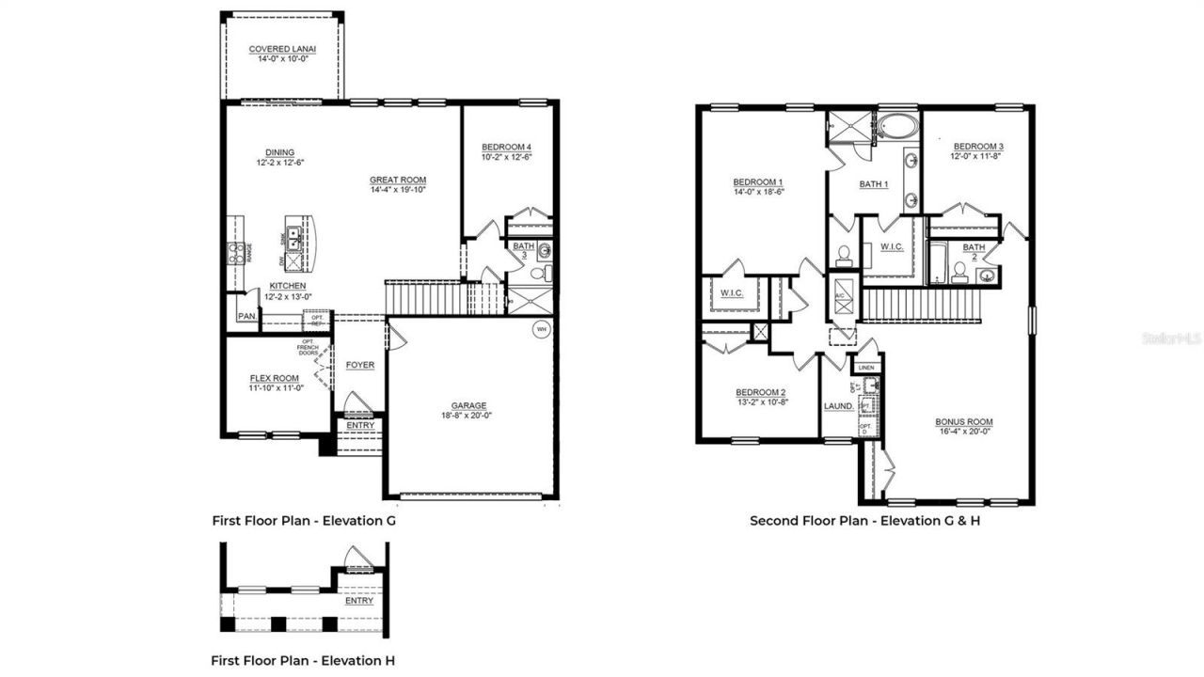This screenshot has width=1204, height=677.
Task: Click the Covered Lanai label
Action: pos(281,49)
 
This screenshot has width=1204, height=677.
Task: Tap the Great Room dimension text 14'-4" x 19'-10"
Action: pos(398,191)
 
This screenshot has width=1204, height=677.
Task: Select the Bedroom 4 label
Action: pos(507,147)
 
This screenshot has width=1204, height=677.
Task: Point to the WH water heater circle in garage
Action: pos(541,329)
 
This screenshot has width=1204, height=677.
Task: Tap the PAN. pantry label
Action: pos(246,317)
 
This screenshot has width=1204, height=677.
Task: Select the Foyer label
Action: pos(359,365)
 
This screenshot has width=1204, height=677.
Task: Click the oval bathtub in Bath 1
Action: pos(898,126)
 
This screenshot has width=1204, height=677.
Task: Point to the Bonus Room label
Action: pos(964,422)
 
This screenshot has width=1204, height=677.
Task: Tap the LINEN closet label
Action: pos(866,367)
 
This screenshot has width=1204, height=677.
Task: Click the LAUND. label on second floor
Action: pos(838,406)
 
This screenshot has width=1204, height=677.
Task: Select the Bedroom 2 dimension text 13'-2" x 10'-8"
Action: pos(760,402)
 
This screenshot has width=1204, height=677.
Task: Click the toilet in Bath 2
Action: pos(960,273)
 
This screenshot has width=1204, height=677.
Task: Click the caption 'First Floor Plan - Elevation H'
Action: pos(303,660)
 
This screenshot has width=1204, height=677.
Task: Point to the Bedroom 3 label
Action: pos(978,147)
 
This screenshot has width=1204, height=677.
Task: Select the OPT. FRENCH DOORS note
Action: pos(308,347)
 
